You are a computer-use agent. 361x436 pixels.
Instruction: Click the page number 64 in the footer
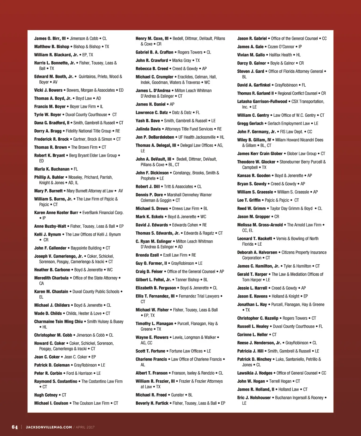coord(14,427)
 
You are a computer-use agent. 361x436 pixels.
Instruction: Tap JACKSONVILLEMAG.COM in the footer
coord(49,428)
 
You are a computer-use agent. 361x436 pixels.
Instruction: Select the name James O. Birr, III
coord(50,38)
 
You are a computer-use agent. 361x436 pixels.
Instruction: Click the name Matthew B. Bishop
coord(51,47)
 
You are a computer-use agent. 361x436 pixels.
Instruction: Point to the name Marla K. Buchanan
coord(52,169)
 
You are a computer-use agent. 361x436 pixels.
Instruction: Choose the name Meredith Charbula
coord(51,278)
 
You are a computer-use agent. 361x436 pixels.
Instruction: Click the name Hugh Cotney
coord(46,395)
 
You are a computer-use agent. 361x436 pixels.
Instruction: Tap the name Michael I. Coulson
coord(51,403)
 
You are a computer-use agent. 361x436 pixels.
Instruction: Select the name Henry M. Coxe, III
coord(152,38)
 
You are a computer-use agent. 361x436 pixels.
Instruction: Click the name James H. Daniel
coord(151,104)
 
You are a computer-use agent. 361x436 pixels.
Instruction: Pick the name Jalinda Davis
coord(148,129)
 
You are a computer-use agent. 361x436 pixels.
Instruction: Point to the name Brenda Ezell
coord(147,255)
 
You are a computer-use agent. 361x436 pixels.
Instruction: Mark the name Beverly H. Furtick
coord(152,403)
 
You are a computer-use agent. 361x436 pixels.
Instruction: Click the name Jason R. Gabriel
coord(252,38)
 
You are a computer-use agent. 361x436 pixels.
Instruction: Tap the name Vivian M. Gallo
coord(251,55)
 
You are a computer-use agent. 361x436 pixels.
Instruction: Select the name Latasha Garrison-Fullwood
coord(262,102)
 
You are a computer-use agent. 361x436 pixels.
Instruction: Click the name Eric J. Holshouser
coord(254,398)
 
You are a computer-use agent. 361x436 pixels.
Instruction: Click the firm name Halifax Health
coord(280,55)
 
